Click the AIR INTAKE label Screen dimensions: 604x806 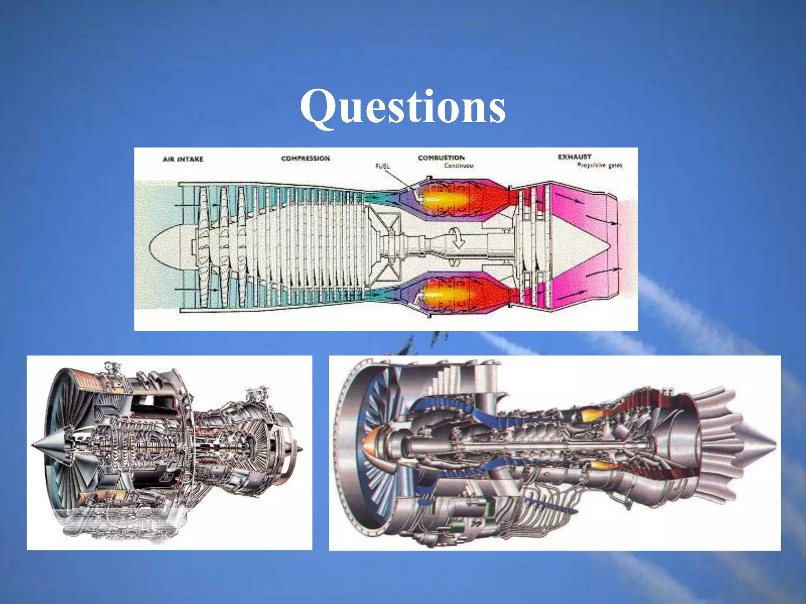[x=183, y=159]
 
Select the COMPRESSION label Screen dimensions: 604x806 [x=305, y=158]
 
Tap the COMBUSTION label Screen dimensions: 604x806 [x=441, y=158]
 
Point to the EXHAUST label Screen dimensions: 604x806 [x=575, y=157]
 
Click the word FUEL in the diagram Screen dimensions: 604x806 [x=383, y=166]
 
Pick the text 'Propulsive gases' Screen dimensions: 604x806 [x=600, y=166]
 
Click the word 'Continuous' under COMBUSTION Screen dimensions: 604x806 [x=459, y=166]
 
